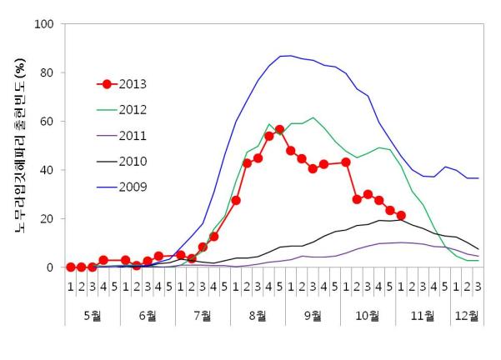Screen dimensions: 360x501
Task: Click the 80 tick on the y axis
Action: pyautogui.click(x=48, y=72)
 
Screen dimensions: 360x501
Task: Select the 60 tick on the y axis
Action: pyautogui.click(x=48, y=122)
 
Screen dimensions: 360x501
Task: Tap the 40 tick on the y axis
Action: pyautogui.click(x=48, y=170)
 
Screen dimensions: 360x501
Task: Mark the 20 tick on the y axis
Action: pyautogui.click(x=48, y=218)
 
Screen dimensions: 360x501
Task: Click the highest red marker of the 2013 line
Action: pyautogui.click(x=279, y=130)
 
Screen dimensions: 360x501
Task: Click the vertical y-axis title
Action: pyautogui.click(x=18, y=146)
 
